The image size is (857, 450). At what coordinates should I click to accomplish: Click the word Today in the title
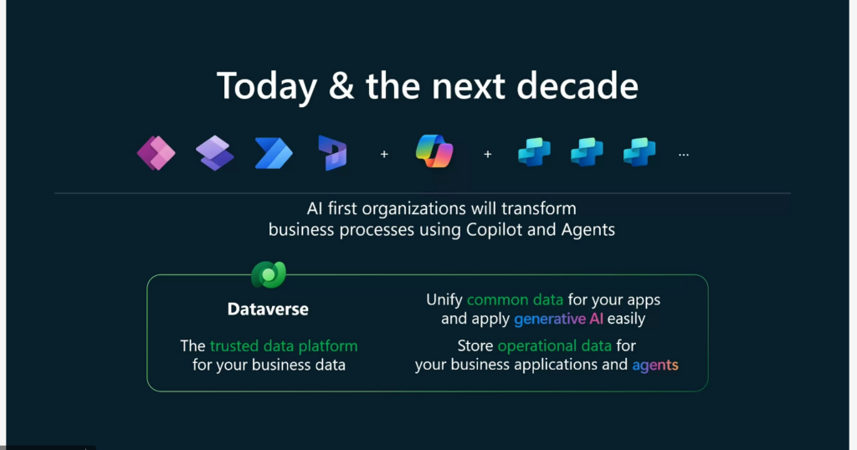[x=267, y=87]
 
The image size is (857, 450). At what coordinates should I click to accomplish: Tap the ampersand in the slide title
[x=341, y=86]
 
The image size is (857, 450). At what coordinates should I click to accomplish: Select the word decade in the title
[x=577, y=86]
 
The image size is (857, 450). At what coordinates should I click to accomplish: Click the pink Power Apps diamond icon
[x=157, y=153]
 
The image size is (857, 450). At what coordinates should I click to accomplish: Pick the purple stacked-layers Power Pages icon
[x=215, y=153]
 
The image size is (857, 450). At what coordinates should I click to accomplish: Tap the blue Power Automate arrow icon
[x=274, y=153]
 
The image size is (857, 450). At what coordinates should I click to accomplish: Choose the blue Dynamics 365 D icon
[x=332, y=153]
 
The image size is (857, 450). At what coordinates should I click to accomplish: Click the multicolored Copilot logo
[x=434, y=151]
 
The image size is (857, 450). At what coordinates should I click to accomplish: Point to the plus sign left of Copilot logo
[x=384, y=155]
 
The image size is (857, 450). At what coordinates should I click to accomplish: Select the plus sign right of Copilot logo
[x=488, y=155]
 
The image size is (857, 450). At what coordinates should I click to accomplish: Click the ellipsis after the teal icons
[x=684, y=155]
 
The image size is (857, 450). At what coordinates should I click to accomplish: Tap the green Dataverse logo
[x=269, y=274]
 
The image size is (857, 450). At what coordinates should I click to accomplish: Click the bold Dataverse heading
[x=268, y=309]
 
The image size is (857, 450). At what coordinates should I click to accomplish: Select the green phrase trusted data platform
[x=284, y=345]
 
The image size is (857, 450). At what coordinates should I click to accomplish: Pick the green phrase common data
[x=515, y=299]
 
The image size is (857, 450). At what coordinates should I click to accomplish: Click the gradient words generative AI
[x=558, y=319]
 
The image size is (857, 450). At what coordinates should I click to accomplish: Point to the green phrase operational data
[x=554, y=345]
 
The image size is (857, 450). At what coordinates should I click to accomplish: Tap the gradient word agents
[x=655, y=365]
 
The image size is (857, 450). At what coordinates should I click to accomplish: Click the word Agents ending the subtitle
[x=588, y=230]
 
